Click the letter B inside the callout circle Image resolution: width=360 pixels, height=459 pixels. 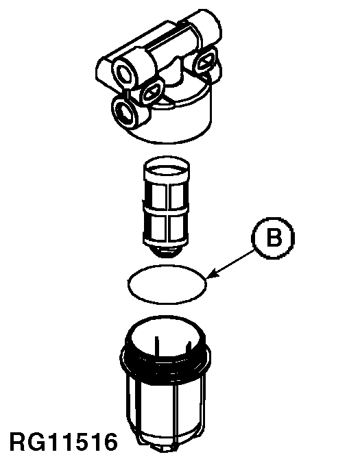[x=274, y=238]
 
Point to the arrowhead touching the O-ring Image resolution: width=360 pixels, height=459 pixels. [x=213, y=273]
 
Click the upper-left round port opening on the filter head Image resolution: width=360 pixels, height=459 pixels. [x=125, y=71]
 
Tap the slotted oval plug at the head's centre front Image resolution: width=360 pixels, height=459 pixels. [x=152, y=92]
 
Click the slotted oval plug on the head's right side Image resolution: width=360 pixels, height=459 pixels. [x=207, y=61]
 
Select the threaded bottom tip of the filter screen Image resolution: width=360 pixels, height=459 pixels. [x=166, y=251]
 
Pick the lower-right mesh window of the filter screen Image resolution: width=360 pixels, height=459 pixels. [x=177, y=227]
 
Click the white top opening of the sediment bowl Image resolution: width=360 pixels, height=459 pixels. [x=166, y=337]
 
